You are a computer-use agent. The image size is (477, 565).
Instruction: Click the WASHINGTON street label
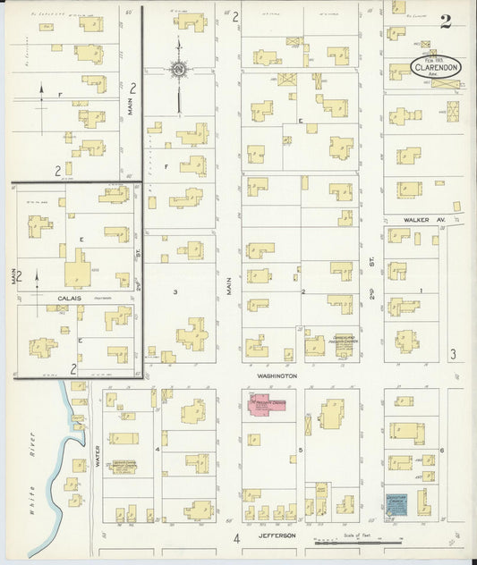click(277, 376)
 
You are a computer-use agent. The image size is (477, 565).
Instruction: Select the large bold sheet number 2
click(445, 22)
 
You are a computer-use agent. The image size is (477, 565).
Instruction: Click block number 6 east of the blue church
click(442, 450)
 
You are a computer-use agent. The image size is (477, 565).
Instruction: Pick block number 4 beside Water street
click(158, 450)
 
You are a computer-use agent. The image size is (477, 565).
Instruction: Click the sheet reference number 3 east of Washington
click(453, 355)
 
